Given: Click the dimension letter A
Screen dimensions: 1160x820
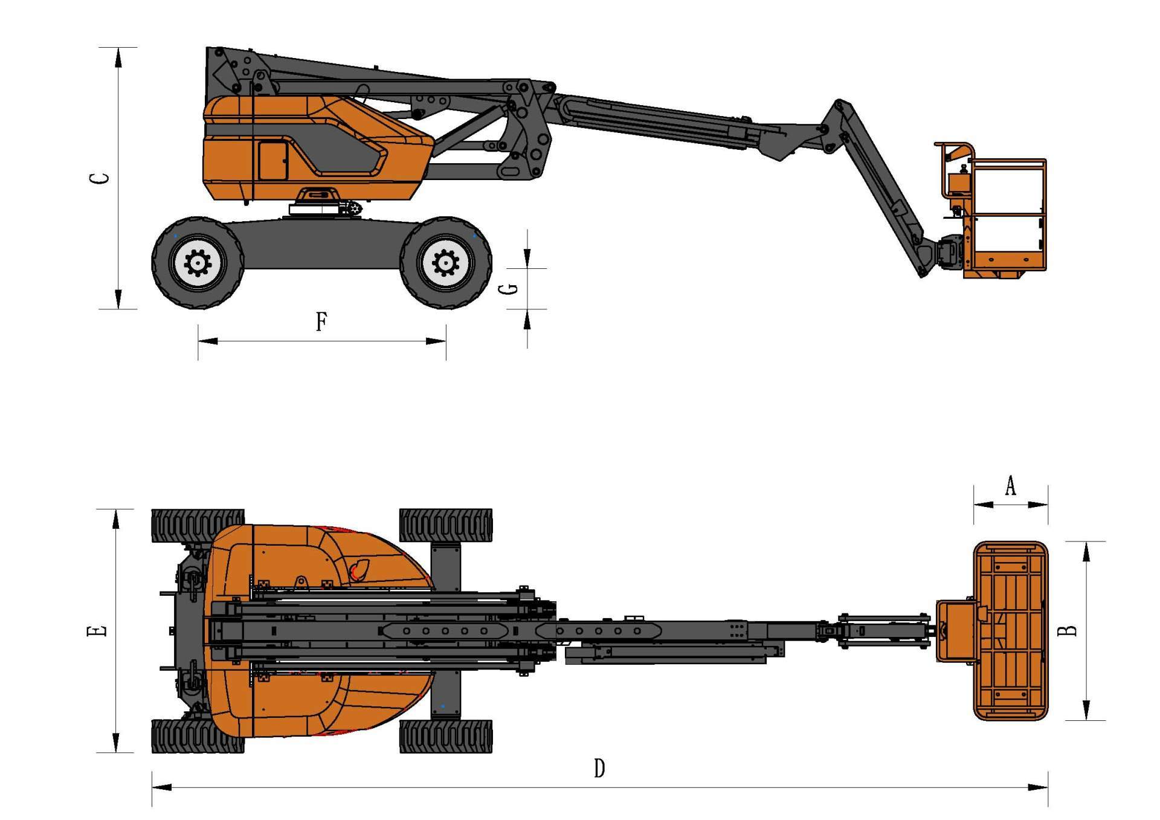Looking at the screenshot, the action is (1010, 485).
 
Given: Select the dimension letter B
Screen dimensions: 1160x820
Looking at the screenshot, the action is (1069, 630).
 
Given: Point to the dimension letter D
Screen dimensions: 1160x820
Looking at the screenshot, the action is (599, 769).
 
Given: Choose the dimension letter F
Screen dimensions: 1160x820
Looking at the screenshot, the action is (321, 321).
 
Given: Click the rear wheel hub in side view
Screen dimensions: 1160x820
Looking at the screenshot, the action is (197, 263).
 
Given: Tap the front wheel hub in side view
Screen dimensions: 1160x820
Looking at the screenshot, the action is (446, 263).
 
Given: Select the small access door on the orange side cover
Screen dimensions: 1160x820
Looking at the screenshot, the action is (273, 160).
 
